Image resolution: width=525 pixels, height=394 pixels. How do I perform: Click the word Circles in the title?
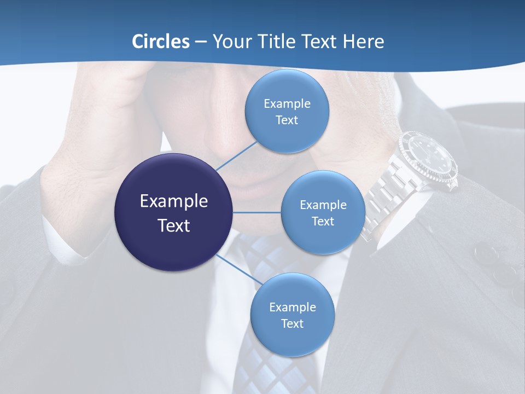click(160, 42)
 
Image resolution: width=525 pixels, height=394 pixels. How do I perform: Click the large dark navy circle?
click(173, 212)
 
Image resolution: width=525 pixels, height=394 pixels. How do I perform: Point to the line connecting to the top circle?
click(236, 155)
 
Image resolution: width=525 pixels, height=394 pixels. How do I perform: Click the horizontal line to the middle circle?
click(257, 212)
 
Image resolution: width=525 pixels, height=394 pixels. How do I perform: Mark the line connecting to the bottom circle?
click(240, 269)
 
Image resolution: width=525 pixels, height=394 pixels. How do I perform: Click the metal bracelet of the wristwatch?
click(386, 197)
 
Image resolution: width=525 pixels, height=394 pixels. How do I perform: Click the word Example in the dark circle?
click(173, 201)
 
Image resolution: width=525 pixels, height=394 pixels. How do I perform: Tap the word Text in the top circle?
click(287, 120)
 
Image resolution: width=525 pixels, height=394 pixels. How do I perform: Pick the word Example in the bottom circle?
click(292, 307)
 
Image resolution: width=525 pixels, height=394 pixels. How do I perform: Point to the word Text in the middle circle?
click(323, 221)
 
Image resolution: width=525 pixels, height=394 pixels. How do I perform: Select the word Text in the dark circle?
click(173, 225)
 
